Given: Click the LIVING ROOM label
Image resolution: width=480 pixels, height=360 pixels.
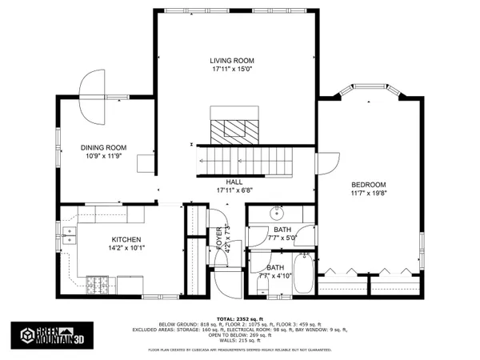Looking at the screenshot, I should (231, 61).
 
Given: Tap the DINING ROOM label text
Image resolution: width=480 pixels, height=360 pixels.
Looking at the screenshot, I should (104, 147).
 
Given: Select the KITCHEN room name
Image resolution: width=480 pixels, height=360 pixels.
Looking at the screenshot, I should (126, 239).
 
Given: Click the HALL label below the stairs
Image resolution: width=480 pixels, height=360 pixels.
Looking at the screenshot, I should (234, 182).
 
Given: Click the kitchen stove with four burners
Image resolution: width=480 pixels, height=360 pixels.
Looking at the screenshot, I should (97, 283).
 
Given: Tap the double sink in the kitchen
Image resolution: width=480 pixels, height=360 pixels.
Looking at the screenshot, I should (69, 234).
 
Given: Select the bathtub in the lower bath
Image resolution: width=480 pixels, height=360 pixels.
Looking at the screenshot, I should (306, 273).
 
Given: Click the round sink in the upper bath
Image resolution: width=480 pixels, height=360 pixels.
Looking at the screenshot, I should (278, 214).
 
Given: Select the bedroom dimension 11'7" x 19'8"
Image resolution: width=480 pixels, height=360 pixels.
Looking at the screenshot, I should (369, 194).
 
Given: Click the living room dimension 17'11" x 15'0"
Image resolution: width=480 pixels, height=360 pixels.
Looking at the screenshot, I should (231, 70).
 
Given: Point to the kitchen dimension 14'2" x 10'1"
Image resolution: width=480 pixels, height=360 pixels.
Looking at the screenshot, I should (126, 249).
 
